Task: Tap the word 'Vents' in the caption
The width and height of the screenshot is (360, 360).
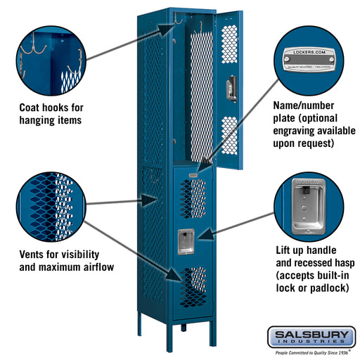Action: [x=34, y=254]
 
